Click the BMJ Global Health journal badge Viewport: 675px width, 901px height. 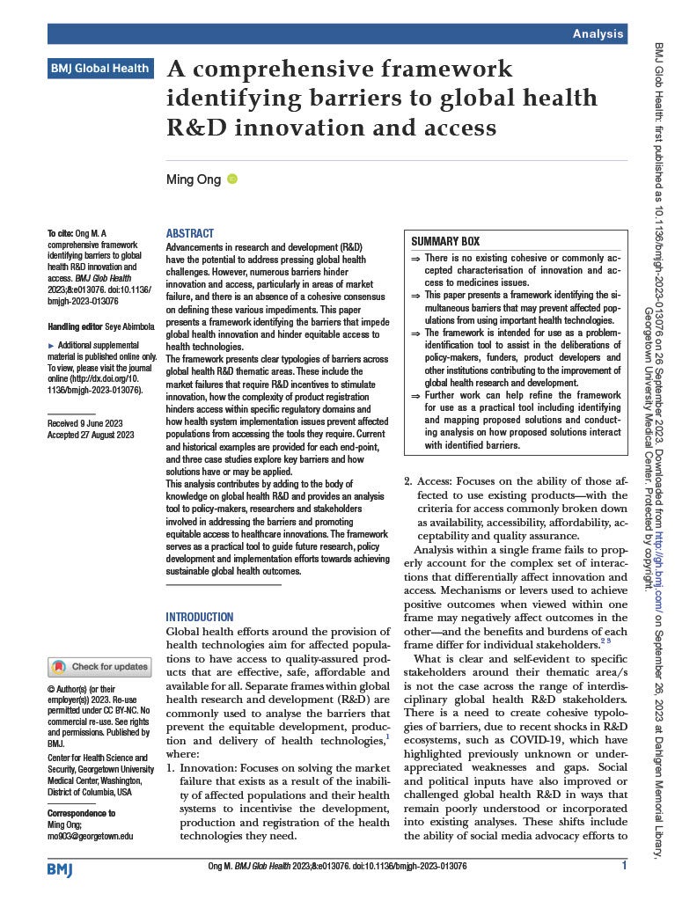click(x=99, y=68)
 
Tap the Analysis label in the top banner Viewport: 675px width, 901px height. click(x=598, y=33)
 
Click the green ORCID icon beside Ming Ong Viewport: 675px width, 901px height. click(x=232, y=179)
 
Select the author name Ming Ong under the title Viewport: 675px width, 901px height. click(x=193, y=179)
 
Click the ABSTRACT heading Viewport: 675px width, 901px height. click(x=189, y=233)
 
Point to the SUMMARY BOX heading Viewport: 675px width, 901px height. click(x=445, y=241)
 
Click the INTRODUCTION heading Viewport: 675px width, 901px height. click(x=200, y=617)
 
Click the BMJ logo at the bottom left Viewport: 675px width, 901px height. click(x=61, y=868)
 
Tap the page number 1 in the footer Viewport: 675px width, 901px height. click(x=623, y=867)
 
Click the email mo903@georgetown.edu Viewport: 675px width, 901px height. click(x=90, y=836)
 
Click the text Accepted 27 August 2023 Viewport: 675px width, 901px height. click(x=90, y=434)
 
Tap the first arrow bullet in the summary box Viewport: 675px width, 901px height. click(x=415, y=258)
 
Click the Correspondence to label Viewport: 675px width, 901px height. click(x=81, y=813)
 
